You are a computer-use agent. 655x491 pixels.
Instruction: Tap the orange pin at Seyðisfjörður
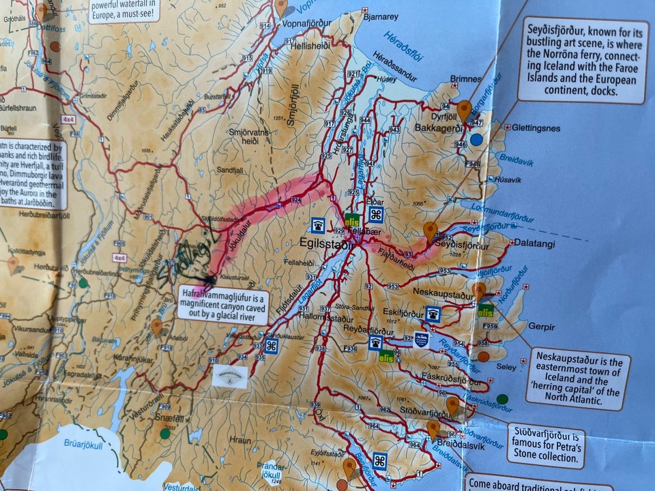pos(430,230)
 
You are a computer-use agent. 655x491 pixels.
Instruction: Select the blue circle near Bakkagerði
pos(477,139)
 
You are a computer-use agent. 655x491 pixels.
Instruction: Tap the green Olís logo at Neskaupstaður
pos(485,311)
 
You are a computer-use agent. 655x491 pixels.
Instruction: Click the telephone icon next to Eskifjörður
pos(433,314)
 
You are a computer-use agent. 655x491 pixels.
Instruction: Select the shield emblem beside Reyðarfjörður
pos(421,339)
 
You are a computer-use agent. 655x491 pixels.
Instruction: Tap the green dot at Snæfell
pos(165,433)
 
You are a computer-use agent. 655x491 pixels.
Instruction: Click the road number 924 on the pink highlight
pos(295,200)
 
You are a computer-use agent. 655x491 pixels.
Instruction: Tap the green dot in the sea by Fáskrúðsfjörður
pos(503,399)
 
